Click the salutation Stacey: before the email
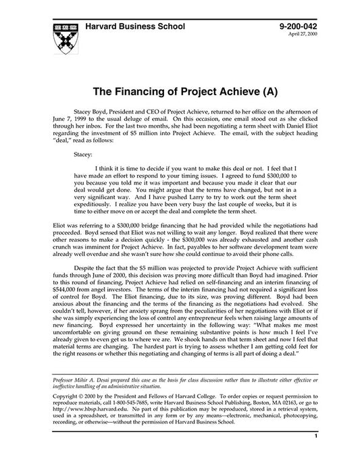(84, 153)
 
